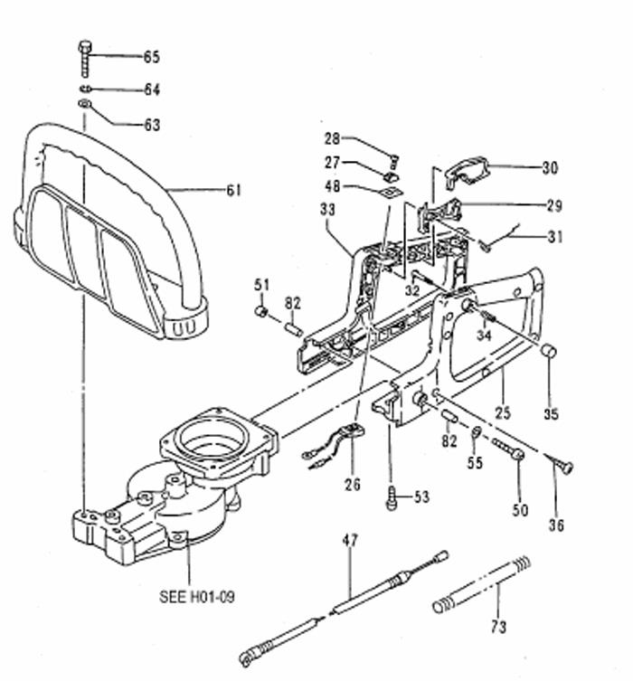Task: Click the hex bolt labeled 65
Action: pos(85,59)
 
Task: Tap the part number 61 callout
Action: pos(233,190)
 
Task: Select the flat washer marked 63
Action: pos(85,104)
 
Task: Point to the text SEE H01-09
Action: pos(196,597)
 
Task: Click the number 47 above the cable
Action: pos(350,540)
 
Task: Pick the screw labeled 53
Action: pos(392,498)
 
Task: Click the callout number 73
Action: pos(498,627)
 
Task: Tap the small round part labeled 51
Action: pos(260,311)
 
